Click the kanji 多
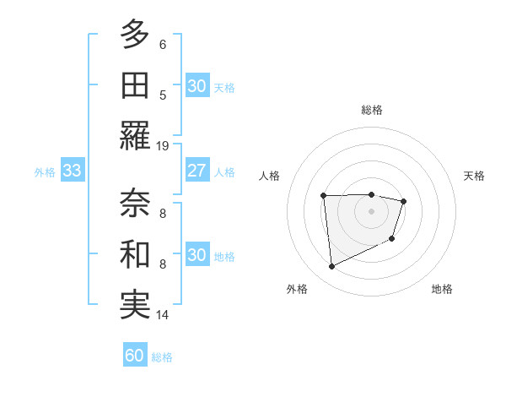click(x=135, y=35)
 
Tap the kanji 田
click(x=135, y=85)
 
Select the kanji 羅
click(x=135, y=135)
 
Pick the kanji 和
click(x=135, y=254)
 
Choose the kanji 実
click(x=135, y=305)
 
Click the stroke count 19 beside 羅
click(x=163, y=145)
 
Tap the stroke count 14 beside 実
click(x=163, y=315)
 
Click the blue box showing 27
click(x=196, y=171)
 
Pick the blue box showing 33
click(x=72, y=171)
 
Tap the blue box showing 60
click(x=134, y=356)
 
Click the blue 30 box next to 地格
click(x=196, y=255)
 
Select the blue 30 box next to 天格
click(x=196, y=86)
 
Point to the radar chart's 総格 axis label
click(x=371, y=110)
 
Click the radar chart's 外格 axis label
click(x=297, y=289)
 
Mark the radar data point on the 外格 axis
click(x=331, y=267)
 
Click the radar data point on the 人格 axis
click(x=323, y=196)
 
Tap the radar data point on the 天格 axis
click(x=404, y=201)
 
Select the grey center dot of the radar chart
click(x=371, y=211)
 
